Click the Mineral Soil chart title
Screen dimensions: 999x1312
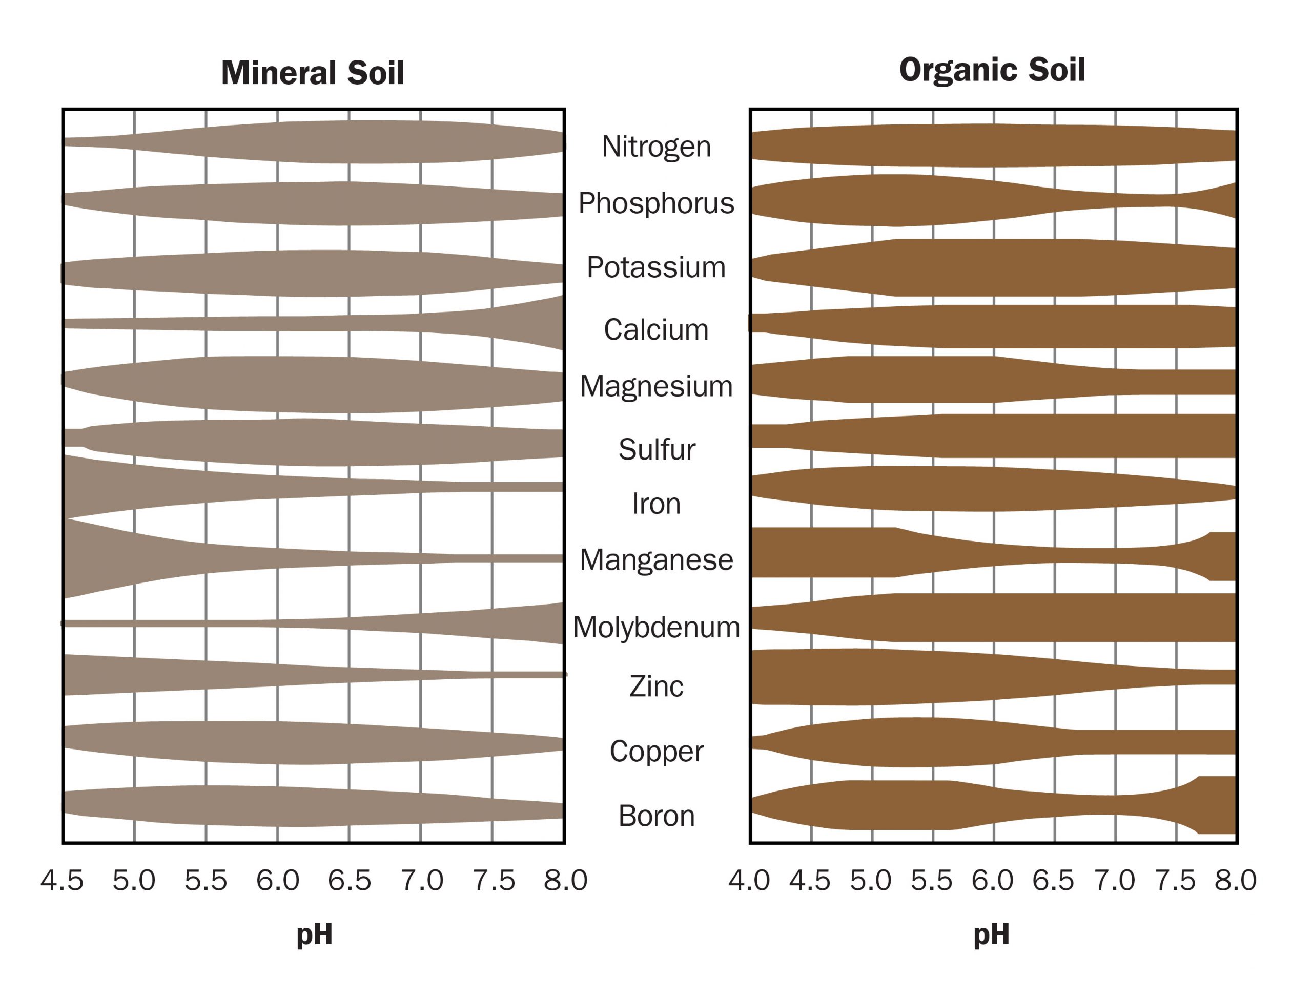[312, 73]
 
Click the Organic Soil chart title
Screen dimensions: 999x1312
[992, 70]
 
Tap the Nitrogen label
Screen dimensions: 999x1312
[655, 147]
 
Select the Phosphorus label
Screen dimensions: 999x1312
[655, 203]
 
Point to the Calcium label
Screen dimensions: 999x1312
[655, 329]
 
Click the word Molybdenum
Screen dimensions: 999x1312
[655, 628]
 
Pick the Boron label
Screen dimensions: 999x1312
[655, 816]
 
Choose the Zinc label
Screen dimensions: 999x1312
[655, 687]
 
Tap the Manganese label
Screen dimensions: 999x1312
[655, 560]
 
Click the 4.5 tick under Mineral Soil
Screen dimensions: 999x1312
[62, 881]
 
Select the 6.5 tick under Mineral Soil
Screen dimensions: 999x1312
[349, 881]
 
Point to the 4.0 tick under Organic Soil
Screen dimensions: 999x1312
[749, 881]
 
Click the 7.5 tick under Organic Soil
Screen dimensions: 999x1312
[1175, 881]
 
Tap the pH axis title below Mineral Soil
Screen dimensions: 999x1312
[314, 935]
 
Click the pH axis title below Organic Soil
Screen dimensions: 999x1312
[992, 935]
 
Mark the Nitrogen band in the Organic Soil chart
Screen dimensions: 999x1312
[992, 145]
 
